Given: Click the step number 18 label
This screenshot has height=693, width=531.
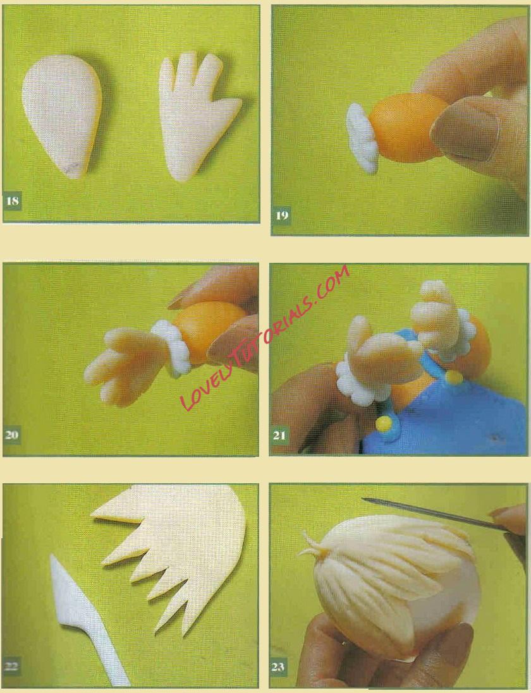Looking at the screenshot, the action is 13,201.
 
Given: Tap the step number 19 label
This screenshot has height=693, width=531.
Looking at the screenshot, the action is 282,215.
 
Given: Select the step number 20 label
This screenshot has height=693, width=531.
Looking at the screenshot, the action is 12,435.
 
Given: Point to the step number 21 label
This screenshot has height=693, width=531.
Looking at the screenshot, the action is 279,435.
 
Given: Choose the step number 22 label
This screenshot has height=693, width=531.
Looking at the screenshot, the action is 11,666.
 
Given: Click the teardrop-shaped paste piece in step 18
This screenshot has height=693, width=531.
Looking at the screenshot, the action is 62,116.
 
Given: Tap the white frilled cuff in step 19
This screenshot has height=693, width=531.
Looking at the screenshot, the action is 362,138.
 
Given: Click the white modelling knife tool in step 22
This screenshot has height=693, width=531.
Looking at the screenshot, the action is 84,618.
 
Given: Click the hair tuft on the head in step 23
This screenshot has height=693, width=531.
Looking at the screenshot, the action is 314,546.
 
